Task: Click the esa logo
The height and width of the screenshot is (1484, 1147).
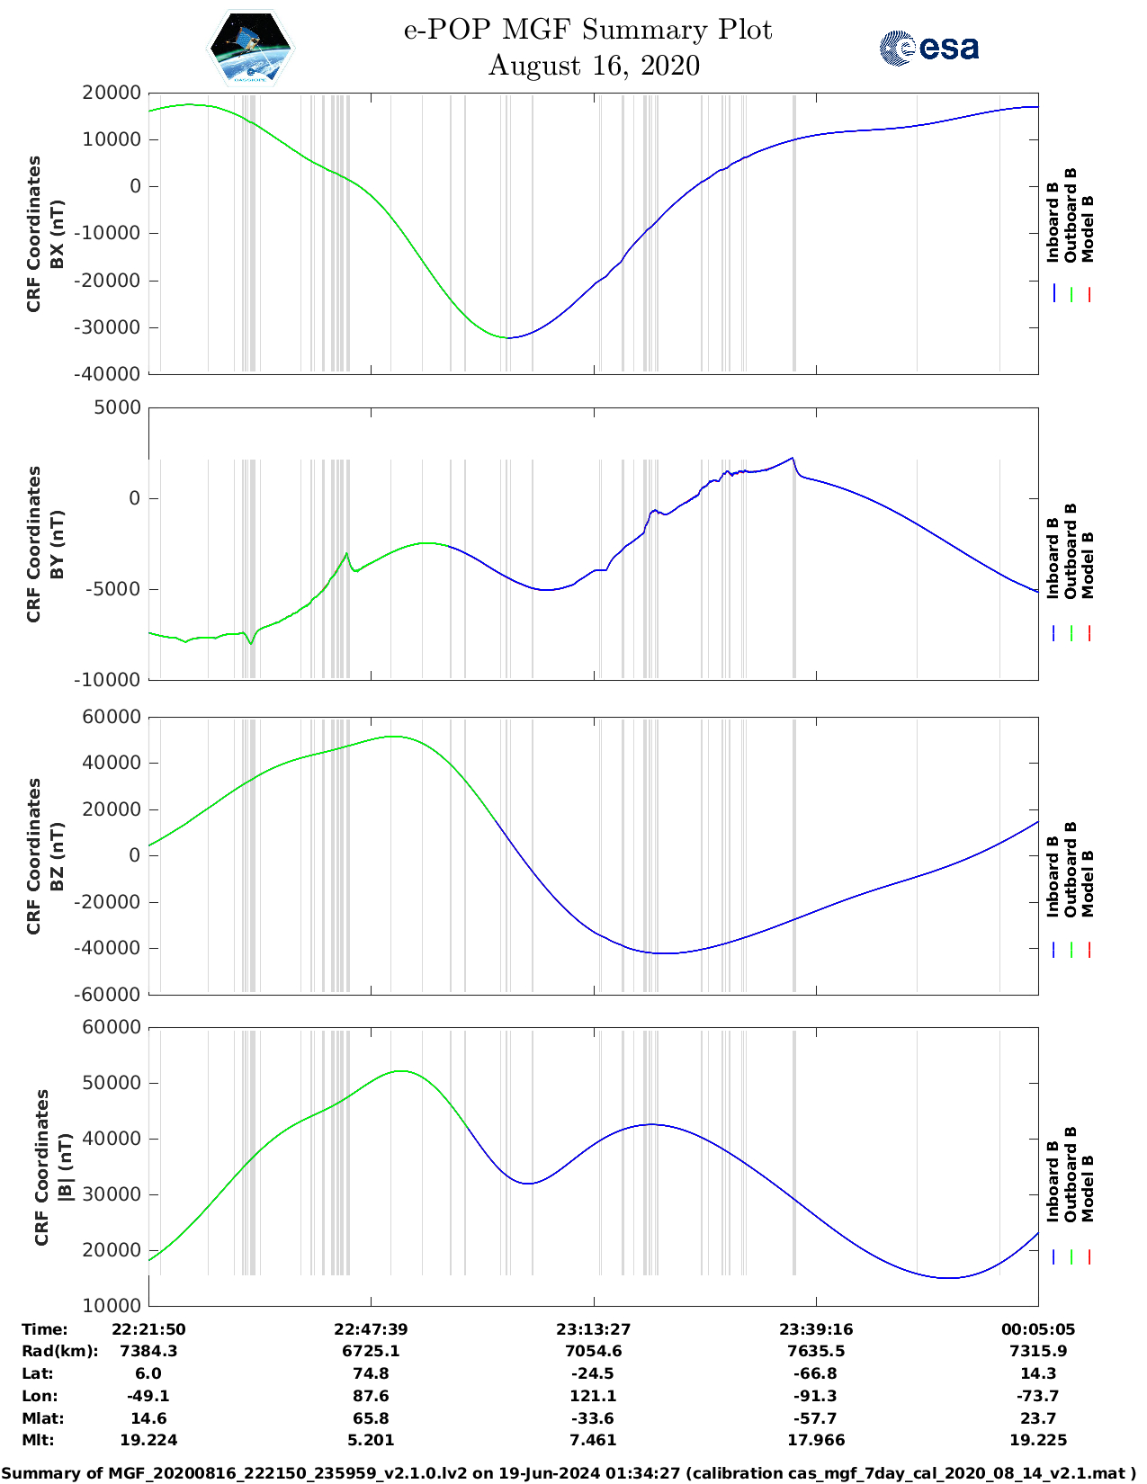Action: (929, 48)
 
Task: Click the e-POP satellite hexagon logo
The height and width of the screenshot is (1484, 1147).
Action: (250, 48)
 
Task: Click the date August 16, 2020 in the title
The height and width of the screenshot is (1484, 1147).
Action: (594, 66)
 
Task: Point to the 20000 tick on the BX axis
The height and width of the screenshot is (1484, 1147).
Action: (112, 93)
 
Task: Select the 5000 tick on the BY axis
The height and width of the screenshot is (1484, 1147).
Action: (119, 407)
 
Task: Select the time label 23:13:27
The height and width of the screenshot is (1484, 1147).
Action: (593, 1329)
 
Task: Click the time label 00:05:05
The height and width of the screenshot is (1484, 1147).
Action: (1038, 1329)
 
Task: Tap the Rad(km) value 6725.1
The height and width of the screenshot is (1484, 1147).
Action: (371, 1351)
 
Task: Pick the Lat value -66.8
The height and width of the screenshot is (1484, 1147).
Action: (816, 1373)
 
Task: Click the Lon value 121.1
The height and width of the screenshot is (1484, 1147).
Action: (593, 1396)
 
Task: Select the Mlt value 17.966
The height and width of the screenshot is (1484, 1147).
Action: (816, 1440)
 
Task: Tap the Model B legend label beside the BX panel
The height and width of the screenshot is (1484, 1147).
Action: (1088, 228)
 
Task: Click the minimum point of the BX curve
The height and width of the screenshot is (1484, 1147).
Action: (507, 338)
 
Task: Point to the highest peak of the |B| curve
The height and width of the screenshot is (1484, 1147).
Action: (400, 1070)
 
